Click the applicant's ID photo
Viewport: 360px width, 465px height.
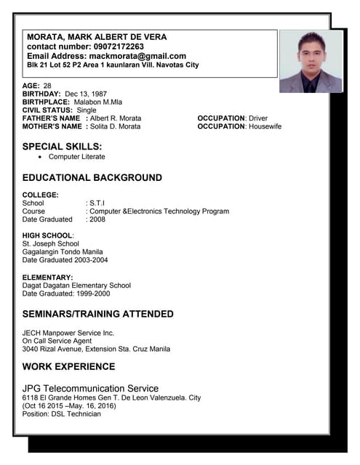311,61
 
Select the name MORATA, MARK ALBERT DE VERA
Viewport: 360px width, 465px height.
97,37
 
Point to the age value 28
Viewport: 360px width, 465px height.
47,86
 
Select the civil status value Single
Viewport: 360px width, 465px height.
87,110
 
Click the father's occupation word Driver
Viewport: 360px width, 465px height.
258,118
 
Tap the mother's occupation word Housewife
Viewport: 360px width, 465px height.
265,126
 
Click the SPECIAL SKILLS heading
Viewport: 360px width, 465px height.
62,146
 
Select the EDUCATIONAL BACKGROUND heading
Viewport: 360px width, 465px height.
92,178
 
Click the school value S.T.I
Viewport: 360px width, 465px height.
97,203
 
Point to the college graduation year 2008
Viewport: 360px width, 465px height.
97,219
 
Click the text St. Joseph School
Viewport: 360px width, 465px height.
51,244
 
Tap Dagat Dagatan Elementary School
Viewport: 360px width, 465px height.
76,286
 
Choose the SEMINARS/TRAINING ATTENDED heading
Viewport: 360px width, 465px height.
97,315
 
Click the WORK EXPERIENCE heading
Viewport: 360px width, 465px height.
68,367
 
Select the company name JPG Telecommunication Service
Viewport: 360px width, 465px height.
90,389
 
